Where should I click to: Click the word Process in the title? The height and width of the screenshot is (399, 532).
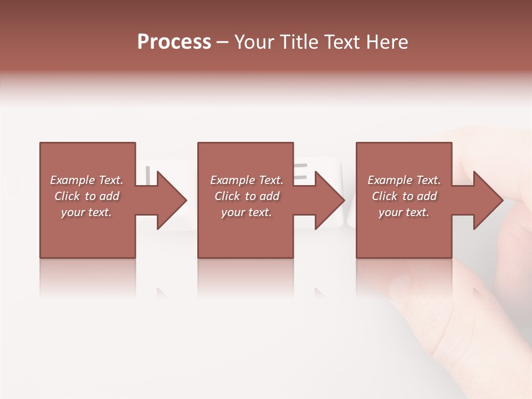(x=174, y=42)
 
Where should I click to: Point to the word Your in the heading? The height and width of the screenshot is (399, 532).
(x=255, y=42)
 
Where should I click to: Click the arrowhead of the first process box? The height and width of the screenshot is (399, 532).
(x=171, y=200)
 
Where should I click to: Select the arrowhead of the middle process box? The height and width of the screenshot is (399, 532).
(x=329, y=200)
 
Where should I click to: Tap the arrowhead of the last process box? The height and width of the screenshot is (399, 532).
(x=488, y=200)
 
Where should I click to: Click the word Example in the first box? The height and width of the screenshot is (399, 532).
(x=72, y=180)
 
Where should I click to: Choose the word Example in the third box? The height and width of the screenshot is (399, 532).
(x=390, y=180)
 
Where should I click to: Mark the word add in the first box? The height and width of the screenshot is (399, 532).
(x=109, y=196)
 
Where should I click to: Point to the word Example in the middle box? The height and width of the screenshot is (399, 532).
(x=232, y=180)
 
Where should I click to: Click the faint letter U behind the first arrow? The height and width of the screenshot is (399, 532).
(x=147, y=175)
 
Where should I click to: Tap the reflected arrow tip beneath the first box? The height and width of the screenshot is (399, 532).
(x=162, y=293)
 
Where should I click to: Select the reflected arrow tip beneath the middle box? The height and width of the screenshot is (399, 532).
(x=320, y=293)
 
